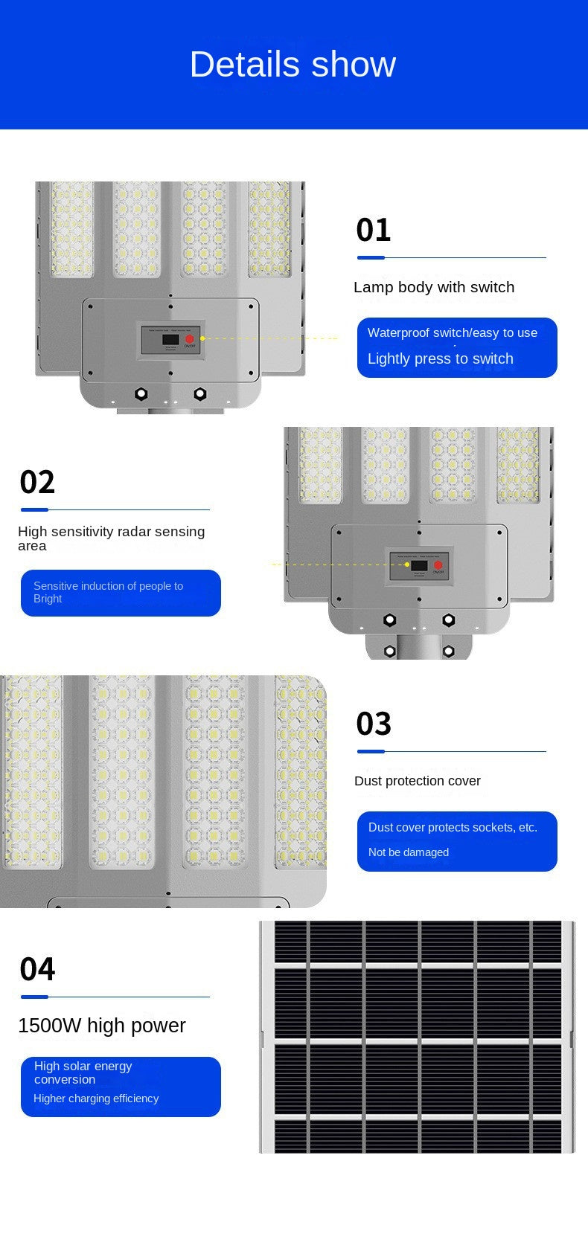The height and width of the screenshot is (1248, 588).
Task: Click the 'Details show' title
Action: coord(293,64)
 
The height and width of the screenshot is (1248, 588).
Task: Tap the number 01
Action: coord(373,230)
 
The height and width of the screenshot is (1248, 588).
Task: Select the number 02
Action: coord(37,482)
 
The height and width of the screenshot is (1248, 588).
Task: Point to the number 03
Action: coord(373,724)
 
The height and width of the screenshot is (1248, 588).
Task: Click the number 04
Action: coord(37,969)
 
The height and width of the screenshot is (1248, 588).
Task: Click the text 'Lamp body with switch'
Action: coord(434,287)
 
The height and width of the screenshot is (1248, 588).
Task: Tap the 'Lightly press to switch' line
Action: coord(440,358)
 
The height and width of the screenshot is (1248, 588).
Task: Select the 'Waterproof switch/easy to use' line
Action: coord(452,332)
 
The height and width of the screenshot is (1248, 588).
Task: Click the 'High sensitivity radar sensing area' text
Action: coord(111,538)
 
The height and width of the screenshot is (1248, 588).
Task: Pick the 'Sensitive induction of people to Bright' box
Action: coord(120,593)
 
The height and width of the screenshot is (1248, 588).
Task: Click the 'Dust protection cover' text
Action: coord(417,781)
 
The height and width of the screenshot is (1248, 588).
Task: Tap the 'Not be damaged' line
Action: coord(408,852)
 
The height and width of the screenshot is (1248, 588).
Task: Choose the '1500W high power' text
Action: coord(101,1026)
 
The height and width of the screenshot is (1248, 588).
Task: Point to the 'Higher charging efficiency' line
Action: coord(96,1099)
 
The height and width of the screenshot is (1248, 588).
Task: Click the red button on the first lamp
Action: coord(190,339)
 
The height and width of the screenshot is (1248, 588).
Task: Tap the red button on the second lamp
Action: coord(438,565)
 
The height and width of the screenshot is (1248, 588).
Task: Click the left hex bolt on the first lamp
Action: coord(141,394)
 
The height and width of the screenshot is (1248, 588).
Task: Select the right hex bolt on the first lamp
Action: coord(199,394)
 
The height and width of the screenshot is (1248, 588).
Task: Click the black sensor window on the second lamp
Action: coord(419,565)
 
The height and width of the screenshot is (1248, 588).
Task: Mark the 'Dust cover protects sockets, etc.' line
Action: coord(452,827)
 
